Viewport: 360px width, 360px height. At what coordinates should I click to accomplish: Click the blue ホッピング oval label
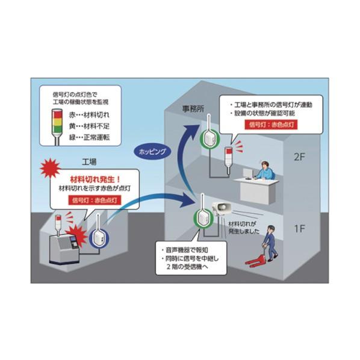click(152, 152)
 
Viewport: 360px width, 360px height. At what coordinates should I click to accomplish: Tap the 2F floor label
click(299, 157)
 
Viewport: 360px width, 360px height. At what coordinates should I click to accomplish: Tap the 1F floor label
click(299, 229)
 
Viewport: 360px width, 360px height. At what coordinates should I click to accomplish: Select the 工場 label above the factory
click(89, 162)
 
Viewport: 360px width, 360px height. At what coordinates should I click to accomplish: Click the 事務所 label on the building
click(193, 109)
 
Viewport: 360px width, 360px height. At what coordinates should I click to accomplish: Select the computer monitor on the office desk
click(247, 174)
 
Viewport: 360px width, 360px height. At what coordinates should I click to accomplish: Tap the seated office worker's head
click(265, 164)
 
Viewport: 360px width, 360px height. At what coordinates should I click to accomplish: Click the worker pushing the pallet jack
click(270, 243)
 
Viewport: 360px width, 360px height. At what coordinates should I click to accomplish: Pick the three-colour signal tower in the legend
click(57, 127)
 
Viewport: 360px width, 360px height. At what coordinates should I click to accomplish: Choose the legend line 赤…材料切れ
click(89, 115)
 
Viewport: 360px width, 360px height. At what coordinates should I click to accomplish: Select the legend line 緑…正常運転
click(89, 137)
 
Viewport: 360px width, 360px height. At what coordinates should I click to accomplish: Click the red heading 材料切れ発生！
click(95, 179)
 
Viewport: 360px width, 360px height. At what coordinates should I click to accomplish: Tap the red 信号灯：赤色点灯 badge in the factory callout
click(95, 200)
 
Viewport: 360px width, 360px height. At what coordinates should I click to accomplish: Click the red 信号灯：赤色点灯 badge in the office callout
click(271, 125)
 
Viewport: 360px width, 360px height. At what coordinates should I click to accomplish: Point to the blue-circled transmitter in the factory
click(99, 238)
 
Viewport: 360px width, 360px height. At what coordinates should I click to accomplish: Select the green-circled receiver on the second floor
click(209, 138)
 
